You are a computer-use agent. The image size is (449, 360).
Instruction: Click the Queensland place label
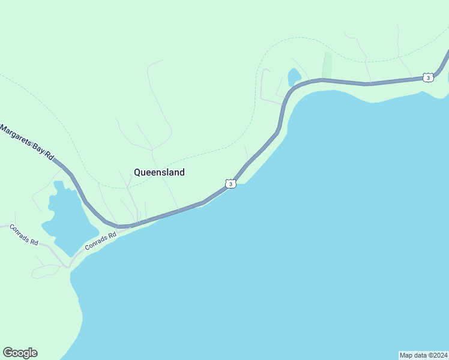tap(159, 172)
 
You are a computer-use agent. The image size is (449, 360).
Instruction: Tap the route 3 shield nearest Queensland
tap(231, 184)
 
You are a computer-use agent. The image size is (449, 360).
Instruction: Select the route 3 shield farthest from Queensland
tap(427, 77)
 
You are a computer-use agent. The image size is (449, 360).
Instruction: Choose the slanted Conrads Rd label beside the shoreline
tap(100, 241)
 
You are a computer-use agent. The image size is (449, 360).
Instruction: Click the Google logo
tap(20, 353)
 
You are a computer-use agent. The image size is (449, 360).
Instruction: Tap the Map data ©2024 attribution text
tap(423, 355)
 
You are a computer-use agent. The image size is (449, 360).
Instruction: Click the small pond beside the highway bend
tap(294, 77)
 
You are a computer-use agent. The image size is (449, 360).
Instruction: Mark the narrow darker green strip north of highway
tap(327, 65)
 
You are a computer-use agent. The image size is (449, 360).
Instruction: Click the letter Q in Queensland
tap(137, 172)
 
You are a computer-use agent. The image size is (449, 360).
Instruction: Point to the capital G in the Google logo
tap(8, 353)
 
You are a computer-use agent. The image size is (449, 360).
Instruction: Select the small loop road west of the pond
tap(264, 84)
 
